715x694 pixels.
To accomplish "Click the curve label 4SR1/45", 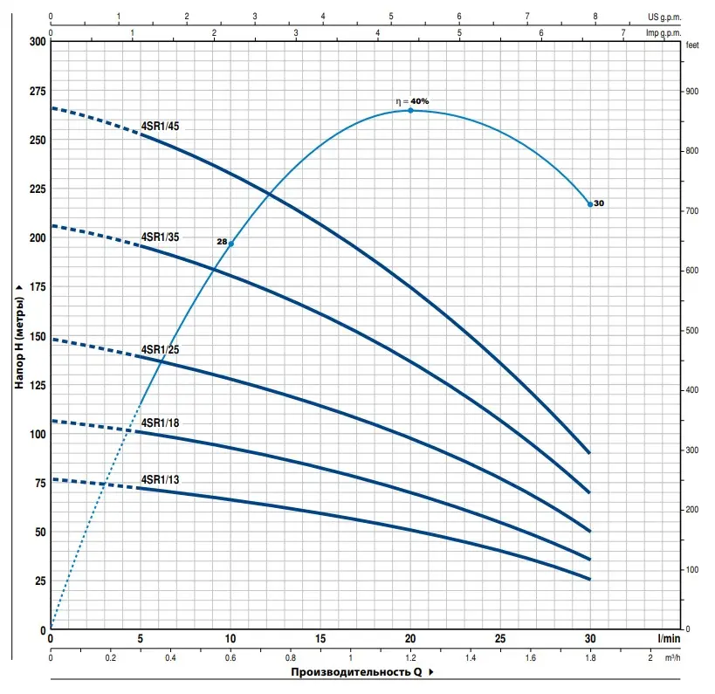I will point(160,127).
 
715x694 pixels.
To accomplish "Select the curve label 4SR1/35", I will point(160,237).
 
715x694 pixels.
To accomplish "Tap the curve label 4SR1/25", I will point(160,349).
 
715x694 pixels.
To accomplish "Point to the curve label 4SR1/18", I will point(160,423).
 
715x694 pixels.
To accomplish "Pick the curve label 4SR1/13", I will point(160,479).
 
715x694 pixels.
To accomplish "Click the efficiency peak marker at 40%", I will point(410,110).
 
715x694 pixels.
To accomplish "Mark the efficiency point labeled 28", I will point(231,244).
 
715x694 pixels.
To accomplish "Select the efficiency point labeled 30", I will point(590,204).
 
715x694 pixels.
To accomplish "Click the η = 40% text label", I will point(412,101).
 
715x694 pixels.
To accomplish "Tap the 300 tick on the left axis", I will point(36,42).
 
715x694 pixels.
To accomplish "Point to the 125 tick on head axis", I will point(36,385).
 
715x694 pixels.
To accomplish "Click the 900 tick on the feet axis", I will point(693,92).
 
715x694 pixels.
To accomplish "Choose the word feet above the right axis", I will point(693,45).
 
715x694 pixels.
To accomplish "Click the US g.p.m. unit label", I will point(664,16).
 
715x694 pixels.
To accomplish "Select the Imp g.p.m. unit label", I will point(663,33).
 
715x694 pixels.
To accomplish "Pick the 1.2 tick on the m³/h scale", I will point(410,656).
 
